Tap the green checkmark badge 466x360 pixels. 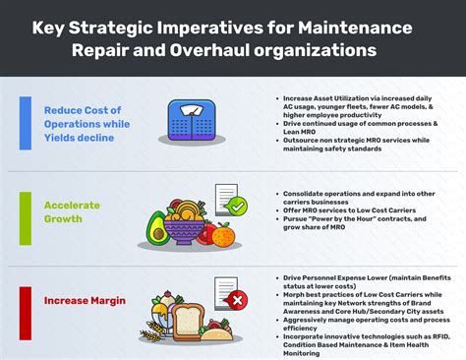pos(236,207)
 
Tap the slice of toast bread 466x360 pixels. pos(187,321)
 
